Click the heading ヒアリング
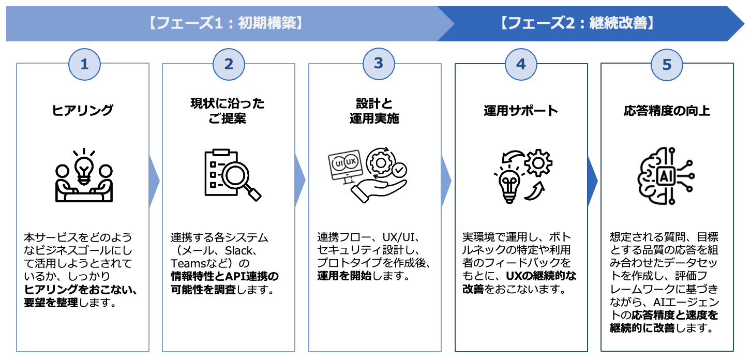coord(83,110)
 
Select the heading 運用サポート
coord(521,110)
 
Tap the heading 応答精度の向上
coord(667,110)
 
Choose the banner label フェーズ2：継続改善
coord(578,23)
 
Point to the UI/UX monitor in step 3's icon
coord(346,164)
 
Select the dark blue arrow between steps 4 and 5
coord(593,181)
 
